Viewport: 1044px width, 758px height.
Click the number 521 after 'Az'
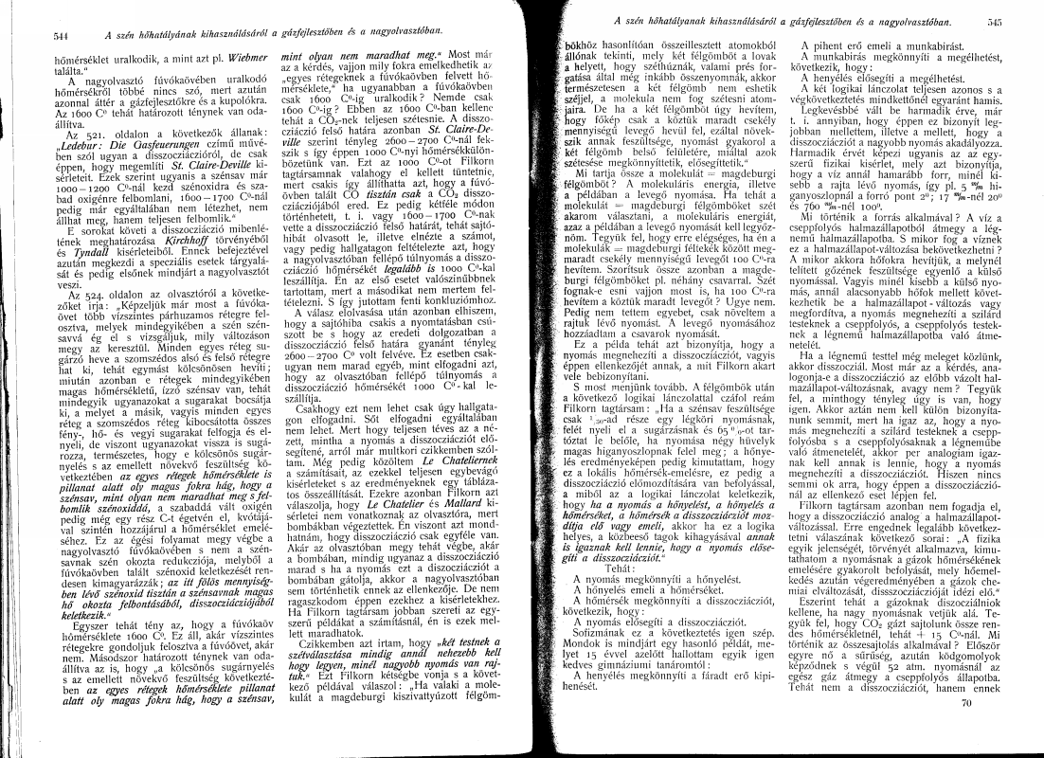click(73, 162)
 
